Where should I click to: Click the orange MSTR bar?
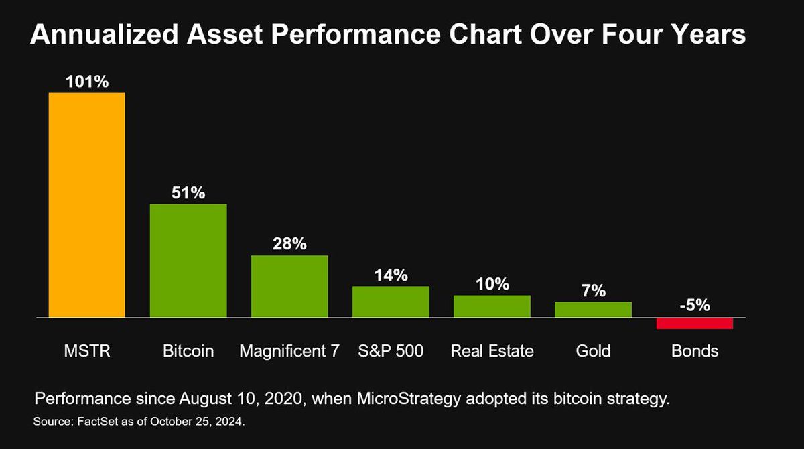(86, 204)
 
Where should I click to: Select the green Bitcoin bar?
(188, 260)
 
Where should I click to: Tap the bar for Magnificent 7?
(289, 286)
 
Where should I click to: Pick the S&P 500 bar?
(391, 302)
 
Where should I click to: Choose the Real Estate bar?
(492, 306)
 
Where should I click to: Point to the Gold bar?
(593, 309)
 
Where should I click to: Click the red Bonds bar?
(695, 323)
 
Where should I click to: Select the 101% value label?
(86, 82)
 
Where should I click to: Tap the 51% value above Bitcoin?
(188, 193)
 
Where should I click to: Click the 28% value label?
(289, 244)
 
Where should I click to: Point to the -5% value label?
(695, 306)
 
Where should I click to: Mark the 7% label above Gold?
(594, 291)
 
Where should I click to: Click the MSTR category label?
(86, 350)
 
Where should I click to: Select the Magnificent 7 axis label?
(289, 350)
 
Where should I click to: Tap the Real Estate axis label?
(492, 350)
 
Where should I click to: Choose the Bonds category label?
(695, 350)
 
